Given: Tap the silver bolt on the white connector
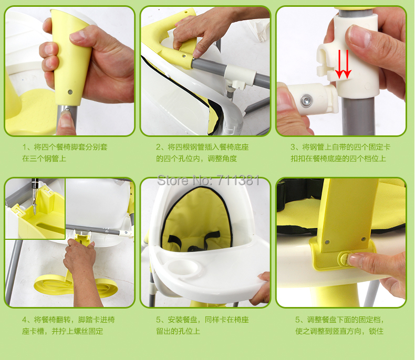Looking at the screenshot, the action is [306, 100].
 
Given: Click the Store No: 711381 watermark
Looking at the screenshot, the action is [209, 181].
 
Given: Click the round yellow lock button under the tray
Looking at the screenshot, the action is [345, 259].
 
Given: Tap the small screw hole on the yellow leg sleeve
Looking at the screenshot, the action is [70, 92].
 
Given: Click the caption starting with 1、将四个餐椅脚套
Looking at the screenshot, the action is [65, 147].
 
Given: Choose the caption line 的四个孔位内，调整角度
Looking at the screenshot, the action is [196, 158].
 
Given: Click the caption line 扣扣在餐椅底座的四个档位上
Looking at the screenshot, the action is [338, 158].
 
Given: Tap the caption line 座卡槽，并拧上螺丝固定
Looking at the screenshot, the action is [63, 331].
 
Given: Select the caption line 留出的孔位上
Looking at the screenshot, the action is [178, 331].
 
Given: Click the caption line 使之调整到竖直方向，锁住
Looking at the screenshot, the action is [339, 331].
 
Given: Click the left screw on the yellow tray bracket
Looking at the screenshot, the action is [327, 241].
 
